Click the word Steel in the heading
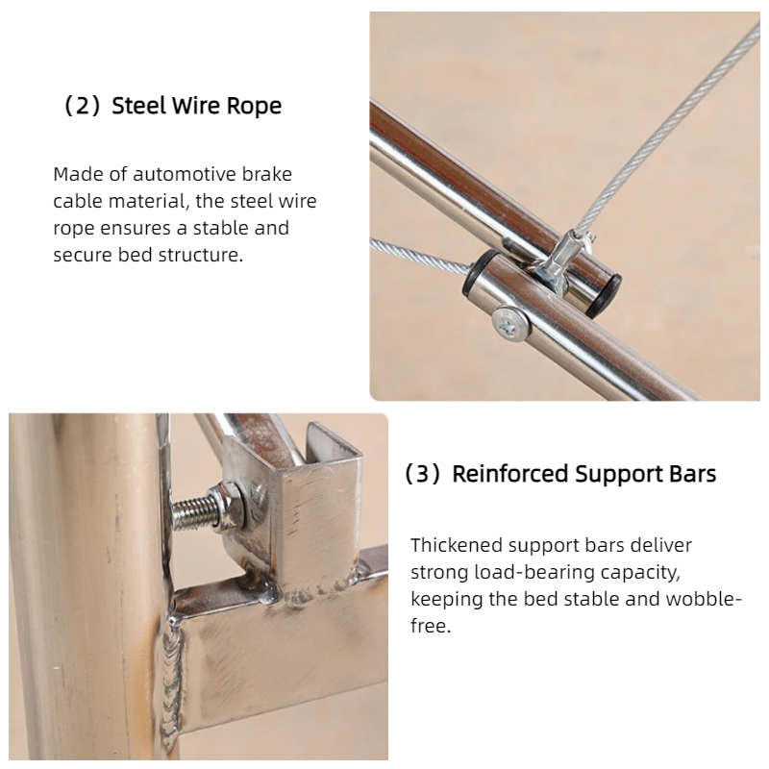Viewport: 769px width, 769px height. (139, 106)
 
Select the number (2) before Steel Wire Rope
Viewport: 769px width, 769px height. (82, 106)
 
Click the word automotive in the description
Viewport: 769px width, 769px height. (185, 174)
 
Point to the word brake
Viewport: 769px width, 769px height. (267, 174)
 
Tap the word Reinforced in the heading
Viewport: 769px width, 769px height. (510, 474)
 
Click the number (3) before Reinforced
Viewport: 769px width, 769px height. (422, 474)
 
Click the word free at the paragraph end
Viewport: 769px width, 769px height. (430, 626)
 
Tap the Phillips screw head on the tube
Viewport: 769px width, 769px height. (510, 322)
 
